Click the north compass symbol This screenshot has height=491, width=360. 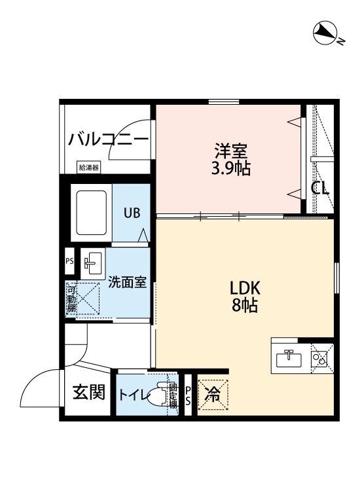[324, 33]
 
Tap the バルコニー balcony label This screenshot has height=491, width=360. [108, 139]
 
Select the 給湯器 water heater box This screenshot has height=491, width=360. [88, 168]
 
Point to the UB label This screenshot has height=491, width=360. [132, 213]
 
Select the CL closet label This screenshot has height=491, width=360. [319, 189]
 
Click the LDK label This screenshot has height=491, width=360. [245, 288]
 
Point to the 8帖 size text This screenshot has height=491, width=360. [245, 305]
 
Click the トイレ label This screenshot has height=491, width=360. [132, 395]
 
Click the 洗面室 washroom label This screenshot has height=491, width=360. [126, 283]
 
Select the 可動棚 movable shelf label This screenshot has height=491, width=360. [71, 299]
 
